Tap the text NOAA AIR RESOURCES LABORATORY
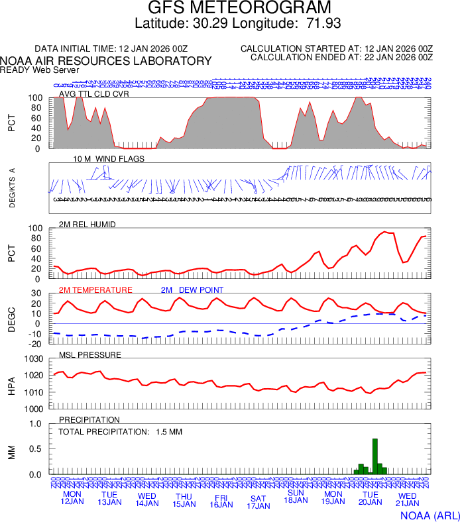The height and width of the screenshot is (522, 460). click(106, 61)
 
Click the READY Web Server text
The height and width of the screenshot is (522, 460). click(40, 70)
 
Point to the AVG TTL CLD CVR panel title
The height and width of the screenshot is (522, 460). click(94, 93)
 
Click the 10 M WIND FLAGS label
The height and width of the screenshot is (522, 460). click(109, 159)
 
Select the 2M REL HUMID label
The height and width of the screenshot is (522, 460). click(87, 225)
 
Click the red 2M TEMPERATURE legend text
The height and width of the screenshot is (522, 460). click(95, 290)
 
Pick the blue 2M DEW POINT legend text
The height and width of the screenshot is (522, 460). click(192, 290)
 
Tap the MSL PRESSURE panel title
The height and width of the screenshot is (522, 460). click(90, 355)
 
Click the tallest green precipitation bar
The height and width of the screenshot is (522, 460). click(375, 456)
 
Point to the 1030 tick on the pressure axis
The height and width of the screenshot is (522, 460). click(34, 359)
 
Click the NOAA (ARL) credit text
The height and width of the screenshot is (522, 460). click(429, 515)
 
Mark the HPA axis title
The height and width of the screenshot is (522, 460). click(11, 384)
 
